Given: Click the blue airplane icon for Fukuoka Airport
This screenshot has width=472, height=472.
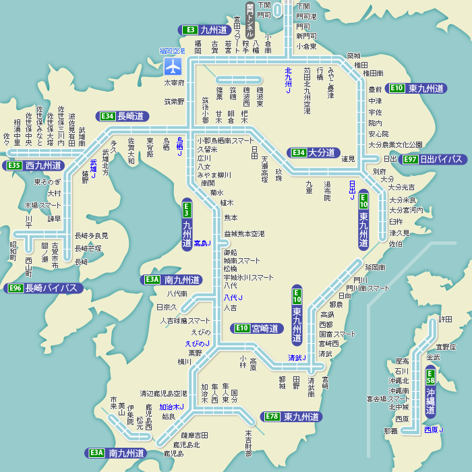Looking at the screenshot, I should (174, 66).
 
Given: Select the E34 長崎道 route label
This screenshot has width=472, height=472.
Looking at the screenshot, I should (123, 116).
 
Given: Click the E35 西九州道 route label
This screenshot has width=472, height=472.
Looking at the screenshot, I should (34, 165).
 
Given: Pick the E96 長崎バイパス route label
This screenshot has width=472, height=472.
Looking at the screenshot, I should (44, 289).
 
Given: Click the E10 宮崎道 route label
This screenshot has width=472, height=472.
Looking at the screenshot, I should (256, 328).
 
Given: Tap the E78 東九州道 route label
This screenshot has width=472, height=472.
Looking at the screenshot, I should (292, 417).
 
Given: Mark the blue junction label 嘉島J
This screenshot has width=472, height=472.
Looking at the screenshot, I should (202, 243).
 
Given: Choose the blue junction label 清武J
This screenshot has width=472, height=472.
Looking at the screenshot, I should (297, 357).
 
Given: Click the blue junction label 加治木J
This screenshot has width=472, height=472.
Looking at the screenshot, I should (171, 407).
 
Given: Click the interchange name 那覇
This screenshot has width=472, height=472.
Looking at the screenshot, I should (390, 430).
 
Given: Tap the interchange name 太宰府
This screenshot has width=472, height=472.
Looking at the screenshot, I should (174, 82).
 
